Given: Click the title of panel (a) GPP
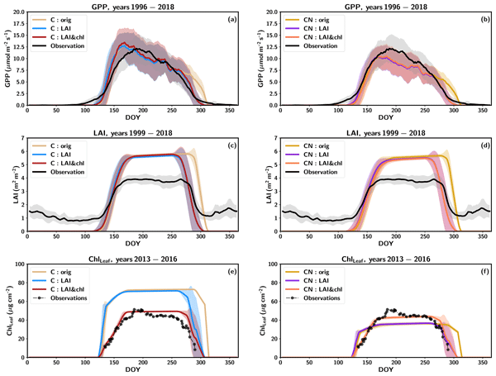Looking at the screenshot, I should (x=132, y=5).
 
